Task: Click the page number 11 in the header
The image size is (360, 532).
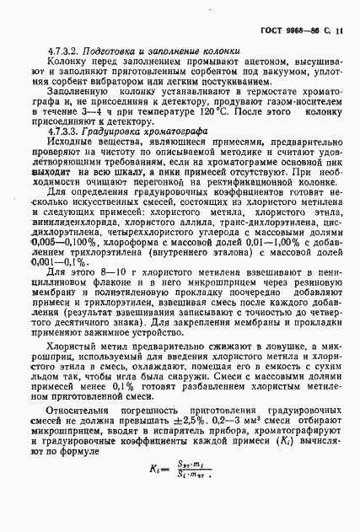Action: (339, 31)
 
